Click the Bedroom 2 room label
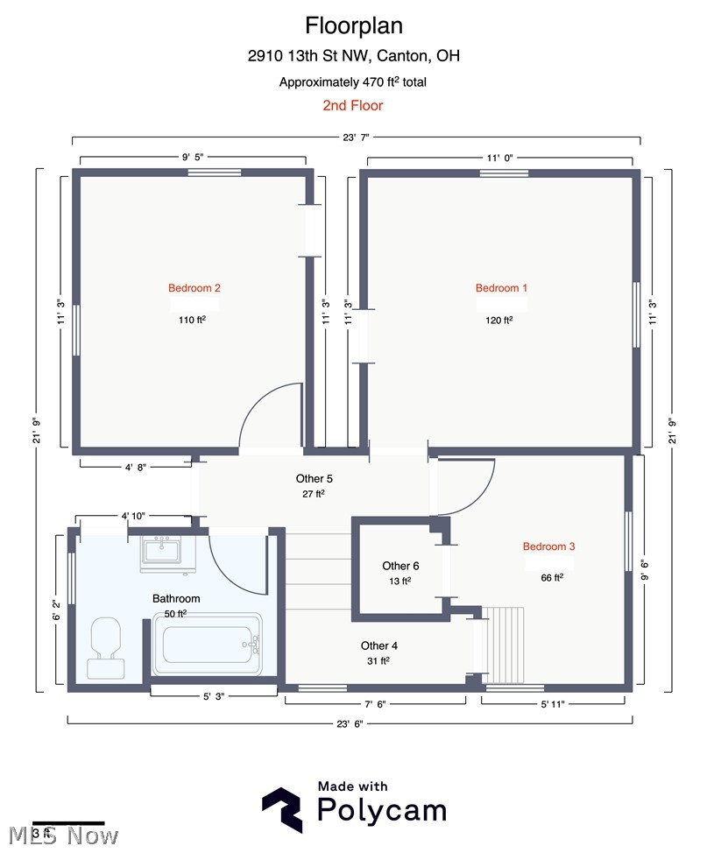click(x=194, y=288)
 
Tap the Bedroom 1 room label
click(x=501, y=288)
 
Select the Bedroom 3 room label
click(x=548, y=546)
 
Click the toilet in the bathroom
click(x=106, y=647)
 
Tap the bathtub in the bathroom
click(x=208, y=645)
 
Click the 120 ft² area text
click(x=499, y=320)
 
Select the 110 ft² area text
click(x=192, y=320)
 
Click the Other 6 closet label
click(x=400, y=566)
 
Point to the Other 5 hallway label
click(x=314, y=479)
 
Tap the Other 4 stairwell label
click(x=379, y=645)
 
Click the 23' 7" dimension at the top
click(x=356, y=137)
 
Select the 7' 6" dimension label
click(x=375, y=704)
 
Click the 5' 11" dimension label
click(x=553, y=704)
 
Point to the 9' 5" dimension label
click(x=193, y=157)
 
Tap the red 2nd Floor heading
click(x=353, y=106)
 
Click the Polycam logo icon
click(x=282, y=809)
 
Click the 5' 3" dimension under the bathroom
click(x=214, y=696)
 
